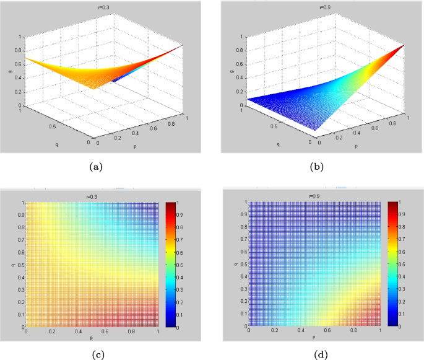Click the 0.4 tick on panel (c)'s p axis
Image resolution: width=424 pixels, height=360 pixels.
pyautogui.click(x=79, y=333)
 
